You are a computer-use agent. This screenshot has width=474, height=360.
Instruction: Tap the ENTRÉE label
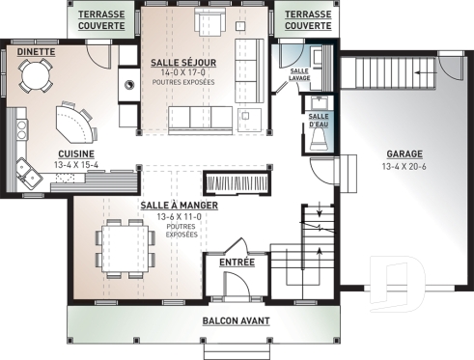[237, 262]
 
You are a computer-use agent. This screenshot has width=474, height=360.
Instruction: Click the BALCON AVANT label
[236, 320]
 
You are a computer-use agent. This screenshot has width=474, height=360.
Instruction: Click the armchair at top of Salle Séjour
[206, 22]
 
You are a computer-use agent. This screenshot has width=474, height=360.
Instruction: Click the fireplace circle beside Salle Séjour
[128, 84]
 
